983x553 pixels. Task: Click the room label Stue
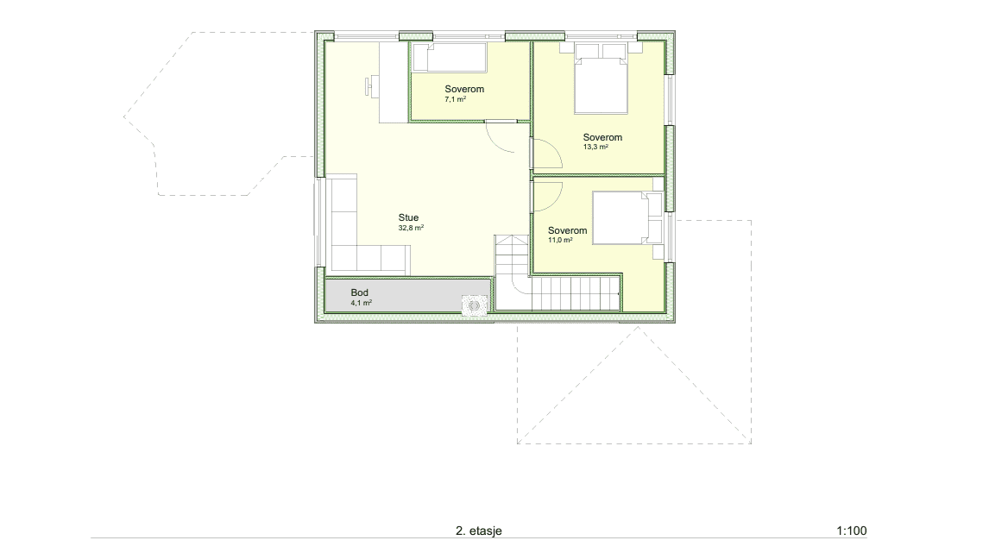pyautogui.click(x=408, y=218)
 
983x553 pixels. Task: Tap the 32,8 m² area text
pyautogui.click(x=411, y=229)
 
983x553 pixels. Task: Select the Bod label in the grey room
pyautogui.click(x=359, y=292)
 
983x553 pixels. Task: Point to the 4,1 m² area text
pyautogui.click(x=361, y=303)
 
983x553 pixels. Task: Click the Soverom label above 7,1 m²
pyautogui.click(x=464, y=89)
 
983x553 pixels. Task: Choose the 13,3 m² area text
pyautogui.click(x=595, y=148)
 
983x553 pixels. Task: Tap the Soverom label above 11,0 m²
pyautogui.click(x=567, y=230)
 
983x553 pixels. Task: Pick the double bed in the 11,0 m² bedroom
pyautogui.click(x=620, y=218)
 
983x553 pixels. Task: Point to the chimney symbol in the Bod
pyautogui.click(x=475, y=305)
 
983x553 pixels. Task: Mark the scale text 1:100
pyautogui.click(x=851, y=531)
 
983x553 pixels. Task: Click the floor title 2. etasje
pyautogui.click(x=478, y=531)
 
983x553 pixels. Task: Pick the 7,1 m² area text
pyautogui.click(x=456, y=99)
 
